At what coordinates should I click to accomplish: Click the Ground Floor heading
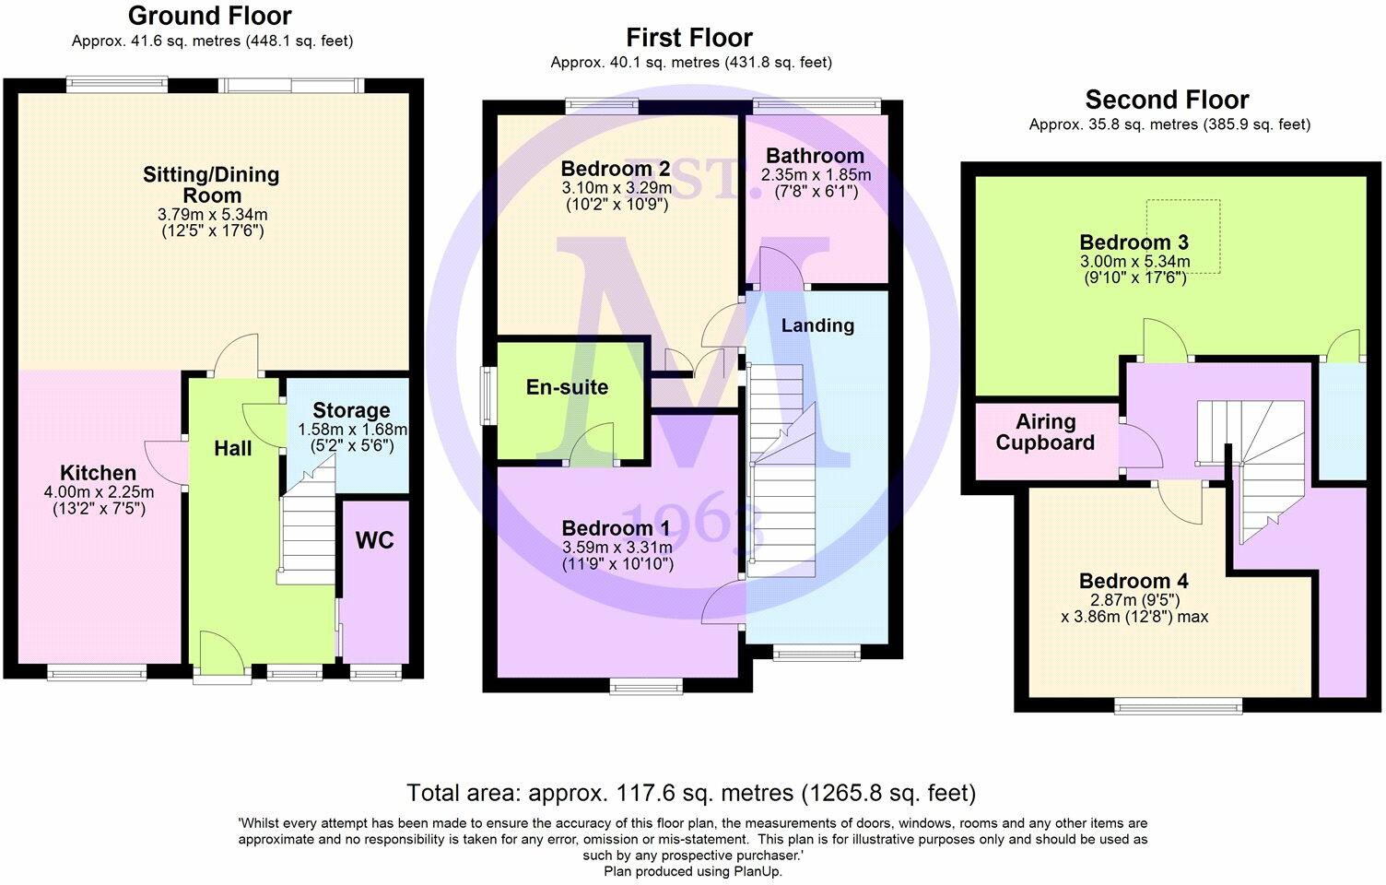pyautogui.click(x=210, y=16)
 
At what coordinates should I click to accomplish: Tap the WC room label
pyautogui.click(x=374, y=541)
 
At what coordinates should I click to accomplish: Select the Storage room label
pyautogui.click(x=351, y=410)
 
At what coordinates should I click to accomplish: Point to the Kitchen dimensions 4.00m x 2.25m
pyautogui.click(x=99, y=492)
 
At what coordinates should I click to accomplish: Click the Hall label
pyautogui.click(x=232, y=449)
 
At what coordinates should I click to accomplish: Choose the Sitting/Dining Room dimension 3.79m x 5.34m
pyautogui.click(x=212, y=215)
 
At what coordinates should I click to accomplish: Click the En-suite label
pyautogui.click(x=568, y=387)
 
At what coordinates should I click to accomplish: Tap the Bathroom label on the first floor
pyautogui.click(x=816, y=156)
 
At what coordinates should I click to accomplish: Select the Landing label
pyautogui.click(x=817, y=325)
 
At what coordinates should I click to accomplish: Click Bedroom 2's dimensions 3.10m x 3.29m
pyautogui.click(x=617, y=187)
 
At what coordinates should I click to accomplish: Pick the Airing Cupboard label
pyautogui.click(x=1045, y=432)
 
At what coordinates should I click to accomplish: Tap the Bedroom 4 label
pyautogui.click(x=1133, y=581)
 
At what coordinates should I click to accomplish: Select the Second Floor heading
pyautogui.click(x=1167, y=100)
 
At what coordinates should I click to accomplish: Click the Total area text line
pyautogui.click(x=691, y=793)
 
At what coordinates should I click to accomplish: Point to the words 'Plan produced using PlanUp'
pyautogui.click(x=693, y=871)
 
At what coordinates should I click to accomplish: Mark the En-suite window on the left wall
pyautogui.click(x=488, y=396)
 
